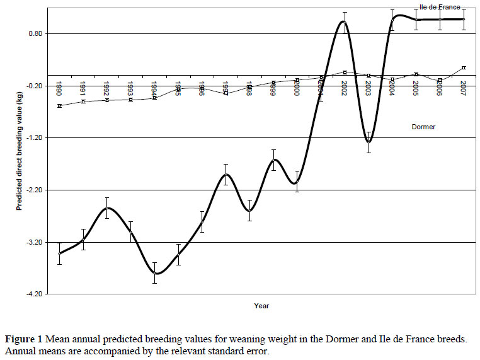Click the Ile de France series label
point(440,7)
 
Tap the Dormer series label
point(423,127)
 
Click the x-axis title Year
point(262,306)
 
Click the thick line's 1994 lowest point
point(155,273)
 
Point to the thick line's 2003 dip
point(369,142)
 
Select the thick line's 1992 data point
point(107,207)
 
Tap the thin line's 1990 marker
point(59,106)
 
